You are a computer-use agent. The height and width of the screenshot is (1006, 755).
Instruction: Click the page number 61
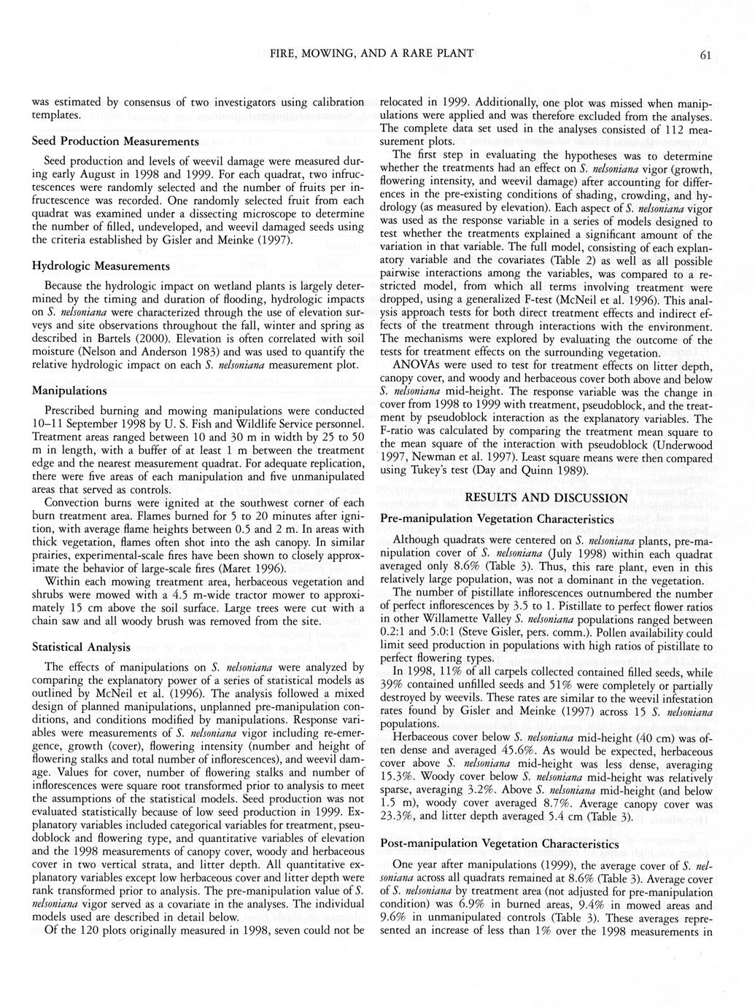pos(704,54)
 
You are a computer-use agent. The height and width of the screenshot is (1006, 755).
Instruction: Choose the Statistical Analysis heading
pos(82,647)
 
